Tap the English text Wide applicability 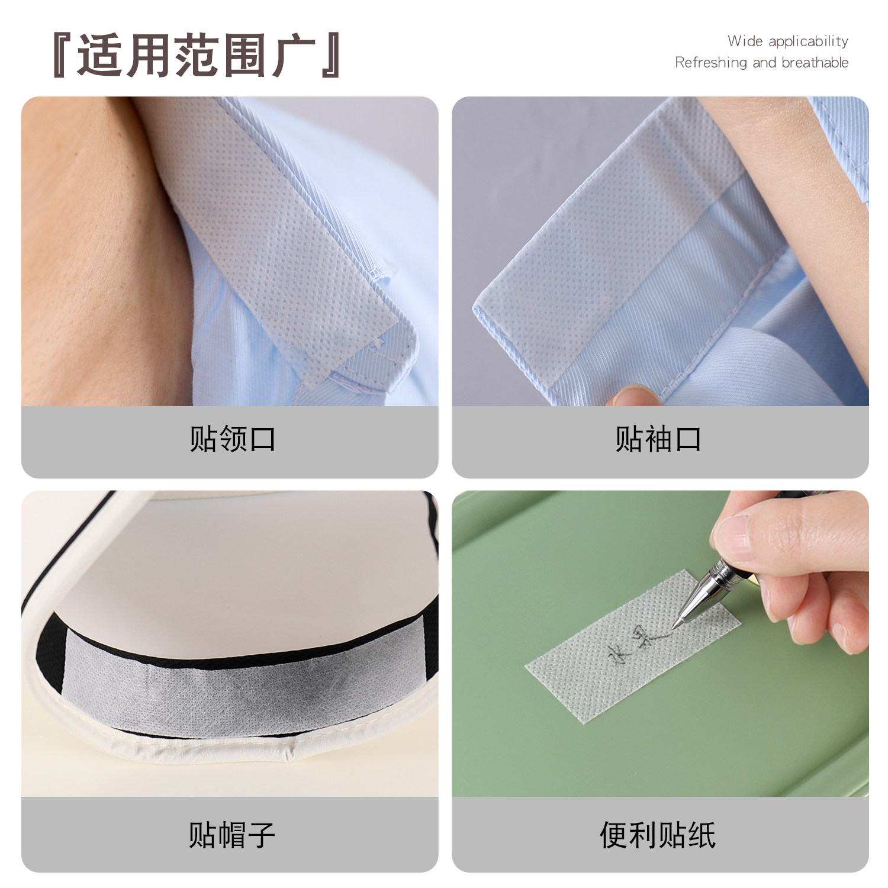[x=787, y=41]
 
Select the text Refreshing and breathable [x=761, y=62]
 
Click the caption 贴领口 [x=232, y=439]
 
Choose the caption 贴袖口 [x=658, y=439]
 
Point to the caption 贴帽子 [x=232, y=834]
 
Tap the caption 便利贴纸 [x=658, y=834]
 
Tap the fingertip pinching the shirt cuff [x=630, y=395]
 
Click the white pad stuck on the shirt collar [x=284, y=237]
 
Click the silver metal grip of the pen [x=710, y=583]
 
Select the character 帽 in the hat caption [x=232, y=834]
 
